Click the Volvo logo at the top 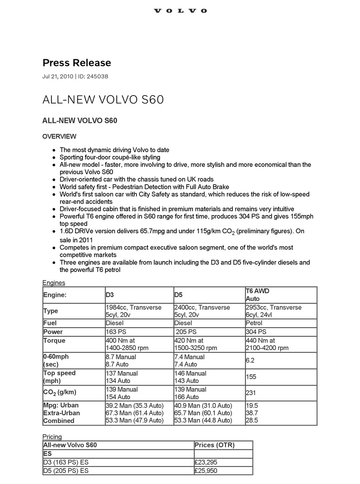click(180, 11)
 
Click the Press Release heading click(77, 63)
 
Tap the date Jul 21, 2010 click(58, 76)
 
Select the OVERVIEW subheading click(59, 137)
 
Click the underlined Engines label click(54, 283)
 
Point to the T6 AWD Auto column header click(258, 295)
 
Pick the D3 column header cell click(110, 295)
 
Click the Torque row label click(54, 340)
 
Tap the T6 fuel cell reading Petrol click(254, 323)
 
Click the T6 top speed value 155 click(251, 377)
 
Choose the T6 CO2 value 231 click(251, 393)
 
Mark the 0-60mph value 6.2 click(250, 360)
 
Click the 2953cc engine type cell click(274, 311)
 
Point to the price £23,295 click(206, 462)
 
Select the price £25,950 click(206, 471)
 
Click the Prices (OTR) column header click(214, 445)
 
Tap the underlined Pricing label click(52, 437)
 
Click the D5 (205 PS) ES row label click(66, 471)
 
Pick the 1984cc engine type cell click(133, 311)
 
